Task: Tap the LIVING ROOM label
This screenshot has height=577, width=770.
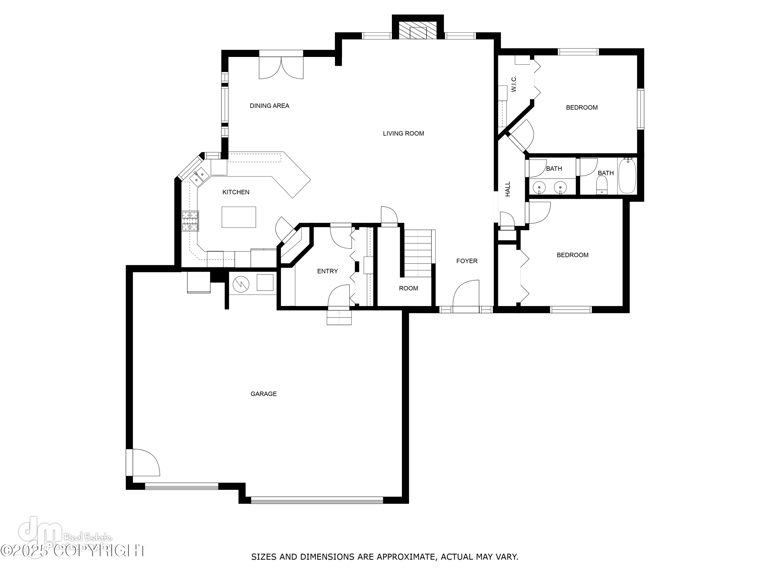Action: [x=403, y=134]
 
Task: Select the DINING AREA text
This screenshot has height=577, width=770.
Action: [x=269, y=106]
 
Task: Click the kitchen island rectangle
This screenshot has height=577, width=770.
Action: [x=239, y=217]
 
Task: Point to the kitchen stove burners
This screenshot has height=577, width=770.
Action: [x=190, y=221]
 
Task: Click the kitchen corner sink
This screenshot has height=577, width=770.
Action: [x=200, y=175]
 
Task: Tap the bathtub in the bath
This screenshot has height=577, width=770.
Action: [x=627, y=176]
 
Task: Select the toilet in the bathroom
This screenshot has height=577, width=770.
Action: [x=602, y=185]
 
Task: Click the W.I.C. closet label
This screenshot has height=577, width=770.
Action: [x=514, y=84]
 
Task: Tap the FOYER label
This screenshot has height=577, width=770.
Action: [x=467, y=261]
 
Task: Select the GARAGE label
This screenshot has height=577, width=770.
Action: [x=264, y=394]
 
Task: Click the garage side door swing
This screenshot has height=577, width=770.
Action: [x=146, y=463]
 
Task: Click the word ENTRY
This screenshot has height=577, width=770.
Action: [x=327, y=271]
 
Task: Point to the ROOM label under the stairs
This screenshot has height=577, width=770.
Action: [x=408, y=288]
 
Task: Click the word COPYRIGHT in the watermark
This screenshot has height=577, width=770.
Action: [x=101, y=551]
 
